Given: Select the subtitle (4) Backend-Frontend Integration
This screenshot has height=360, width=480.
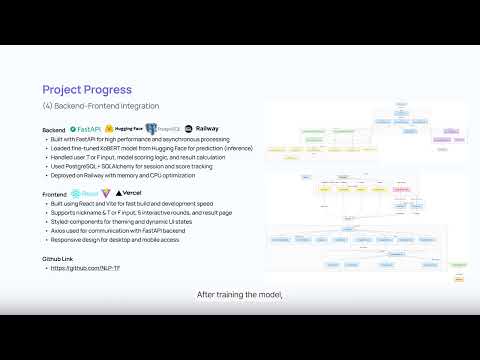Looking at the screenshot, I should point(100,106).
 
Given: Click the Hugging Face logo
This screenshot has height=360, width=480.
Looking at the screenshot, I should point(123,130).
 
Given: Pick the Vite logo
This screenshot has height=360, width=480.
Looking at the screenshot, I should point(107,192).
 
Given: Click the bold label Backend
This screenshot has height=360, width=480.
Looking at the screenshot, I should point(54,131).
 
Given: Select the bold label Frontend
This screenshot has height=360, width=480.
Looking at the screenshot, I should point(55,193).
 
